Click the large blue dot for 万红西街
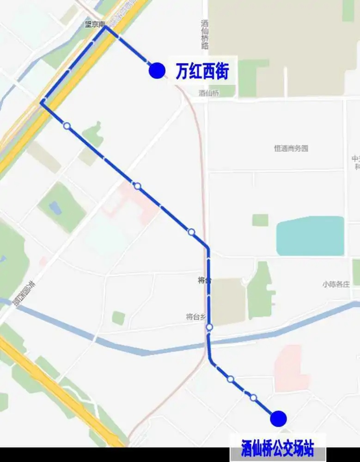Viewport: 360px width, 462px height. (x=157, y=70)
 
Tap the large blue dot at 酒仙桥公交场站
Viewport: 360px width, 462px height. (x=279, y=418)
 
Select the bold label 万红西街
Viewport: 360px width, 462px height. (x=202, y=71)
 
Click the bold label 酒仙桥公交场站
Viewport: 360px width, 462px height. (x=277, y=448)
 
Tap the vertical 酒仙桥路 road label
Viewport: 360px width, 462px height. (x=205, y=35)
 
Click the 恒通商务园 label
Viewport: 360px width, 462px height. (x=291, y=148)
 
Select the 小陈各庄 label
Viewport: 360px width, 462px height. (x=336, y=284)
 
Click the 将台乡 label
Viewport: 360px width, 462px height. (x=195, y=317)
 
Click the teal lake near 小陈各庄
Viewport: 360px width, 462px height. (x=310, y=236)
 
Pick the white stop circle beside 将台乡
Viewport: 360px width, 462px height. (x=209, y=327)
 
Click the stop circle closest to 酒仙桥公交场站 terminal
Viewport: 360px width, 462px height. (x=253, y=397)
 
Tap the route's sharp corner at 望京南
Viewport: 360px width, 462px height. (x=105, y=27)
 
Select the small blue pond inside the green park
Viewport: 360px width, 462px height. (x=55, y=208)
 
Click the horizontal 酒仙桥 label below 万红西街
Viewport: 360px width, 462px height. (x=210, y=93)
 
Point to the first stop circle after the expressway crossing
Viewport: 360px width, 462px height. (x=67, y=125)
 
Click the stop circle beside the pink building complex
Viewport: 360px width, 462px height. (x=137, y=186)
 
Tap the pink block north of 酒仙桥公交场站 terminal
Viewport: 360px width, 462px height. (x=291, y=368)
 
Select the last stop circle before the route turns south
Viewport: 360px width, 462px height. (x=191, y=232)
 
